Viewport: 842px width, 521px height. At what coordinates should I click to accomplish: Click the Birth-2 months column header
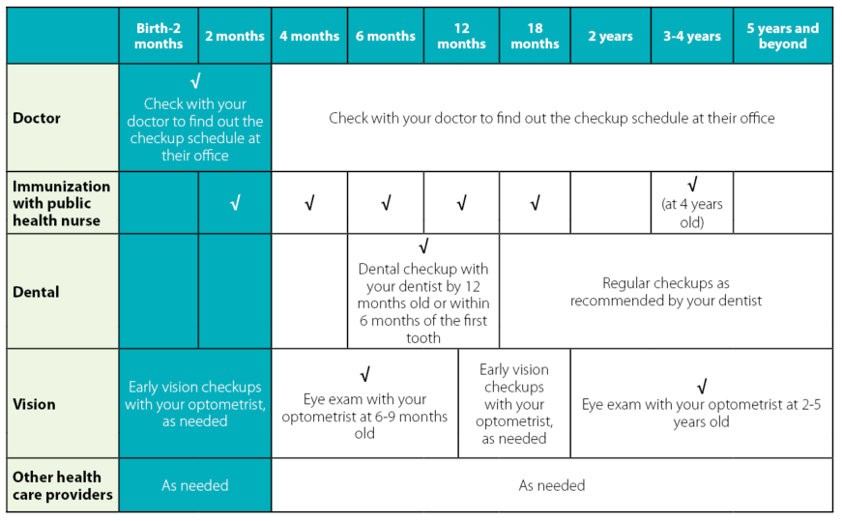point(159,37)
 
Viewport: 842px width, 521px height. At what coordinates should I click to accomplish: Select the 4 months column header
point(309,37)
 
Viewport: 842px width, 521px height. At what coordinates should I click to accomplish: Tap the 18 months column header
point(535,37)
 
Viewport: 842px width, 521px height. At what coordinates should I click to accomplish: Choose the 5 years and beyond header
point(782,37)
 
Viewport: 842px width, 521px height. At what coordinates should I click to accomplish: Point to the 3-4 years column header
point(691,37)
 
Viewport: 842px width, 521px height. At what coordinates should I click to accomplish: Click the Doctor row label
point(37,118)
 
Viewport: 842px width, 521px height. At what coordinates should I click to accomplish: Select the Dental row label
point(36,292)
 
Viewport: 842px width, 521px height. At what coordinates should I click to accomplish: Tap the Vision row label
point(34,404)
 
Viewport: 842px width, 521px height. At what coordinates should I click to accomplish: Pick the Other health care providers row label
point(62,485)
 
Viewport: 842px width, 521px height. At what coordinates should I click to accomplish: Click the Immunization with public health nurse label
point(62,203)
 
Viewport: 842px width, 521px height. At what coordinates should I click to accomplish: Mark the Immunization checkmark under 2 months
point(235,203)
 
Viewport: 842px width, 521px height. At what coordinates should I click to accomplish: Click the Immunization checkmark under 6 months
point(386,203)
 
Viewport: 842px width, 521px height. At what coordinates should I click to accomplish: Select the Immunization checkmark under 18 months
point(535,203)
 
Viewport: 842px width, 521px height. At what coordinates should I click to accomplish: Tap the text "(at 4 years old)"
point(691,213)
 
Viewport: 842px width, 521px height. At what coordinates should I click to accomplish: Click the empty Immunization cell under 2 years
point(610,203)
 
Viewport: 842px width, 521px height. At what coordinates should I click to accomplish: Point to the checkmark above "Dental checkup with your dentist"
point(423,247)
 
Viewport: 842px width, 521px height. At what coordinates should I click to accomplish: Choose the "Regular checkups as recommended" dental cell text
point(665,292)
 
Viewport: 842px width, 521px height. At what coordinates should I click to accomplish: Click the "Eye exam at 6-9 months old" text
point(364,416)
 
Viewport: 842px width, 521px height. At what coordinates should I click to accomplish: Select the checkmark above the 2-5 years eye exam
point(701,386)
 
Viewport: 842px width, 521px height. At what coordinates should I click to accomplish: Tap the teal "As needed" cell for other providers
point(195,485)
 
